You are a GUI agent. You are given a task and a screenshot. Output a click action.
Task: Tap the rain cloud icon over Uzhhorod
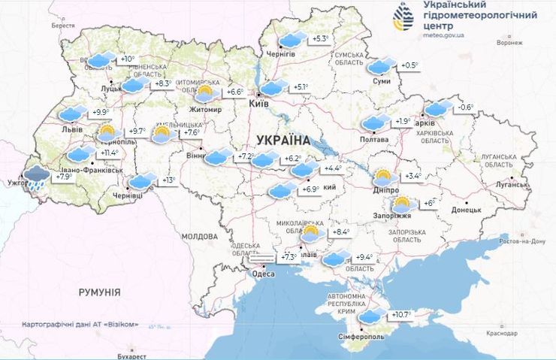point(35,177)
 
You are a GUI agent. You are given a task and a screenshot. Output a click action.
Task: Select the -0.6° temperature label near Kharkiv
point(467,107)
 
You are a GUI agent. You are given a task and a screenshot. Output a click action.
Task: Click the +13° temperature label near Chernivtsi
point(168,180)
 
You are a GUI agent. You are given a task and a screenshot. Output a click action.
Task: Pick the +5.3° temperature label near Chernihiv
point(321,39)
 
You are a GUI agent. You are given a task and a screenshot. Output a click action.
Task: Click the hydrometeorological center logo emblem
point(403,18)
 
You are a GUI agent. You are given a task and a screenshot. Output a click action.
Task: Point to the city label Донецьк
point(466,210)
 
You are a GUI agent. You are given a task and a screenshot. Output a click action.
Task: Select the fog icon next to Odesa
point(264,258)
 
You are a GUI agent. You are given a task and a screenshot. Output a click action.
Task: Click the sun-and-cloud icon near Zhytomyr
point(204,92)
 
